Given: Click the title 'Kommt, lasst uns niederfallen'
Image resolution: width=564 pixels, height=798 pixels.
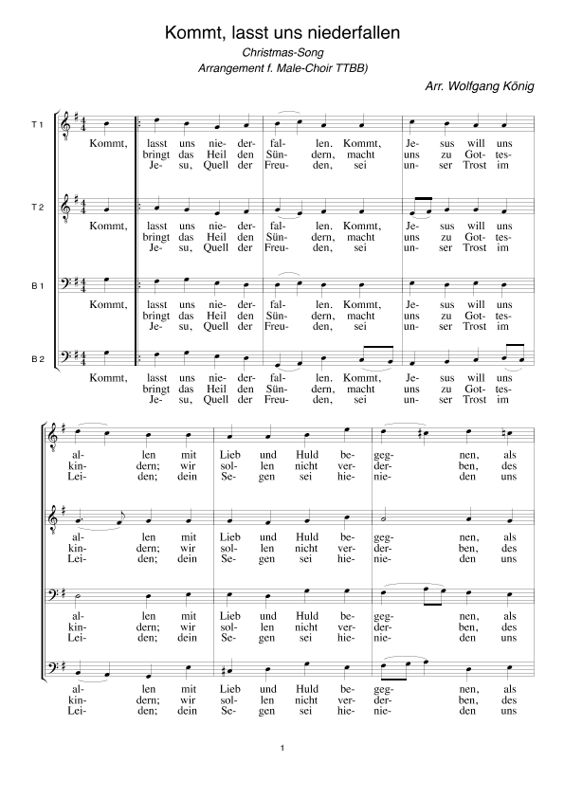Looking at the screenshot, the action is click(x=282, y=33).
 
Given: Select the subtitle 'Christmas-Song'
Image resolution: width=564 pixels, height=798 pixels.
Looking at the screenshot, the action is click(x=281, y=53).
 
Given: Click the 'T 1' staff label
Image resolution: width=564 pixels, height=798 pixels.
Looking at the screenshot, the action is click(x=37, y=125).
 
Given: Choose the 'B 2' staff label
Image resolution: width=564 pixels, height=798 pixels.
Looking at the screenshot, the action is click(x=37, y=359).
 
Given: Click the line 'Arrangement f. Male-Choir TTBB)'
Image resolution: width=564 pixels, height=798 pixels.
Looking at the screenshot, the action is click(x=282, y=69).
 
